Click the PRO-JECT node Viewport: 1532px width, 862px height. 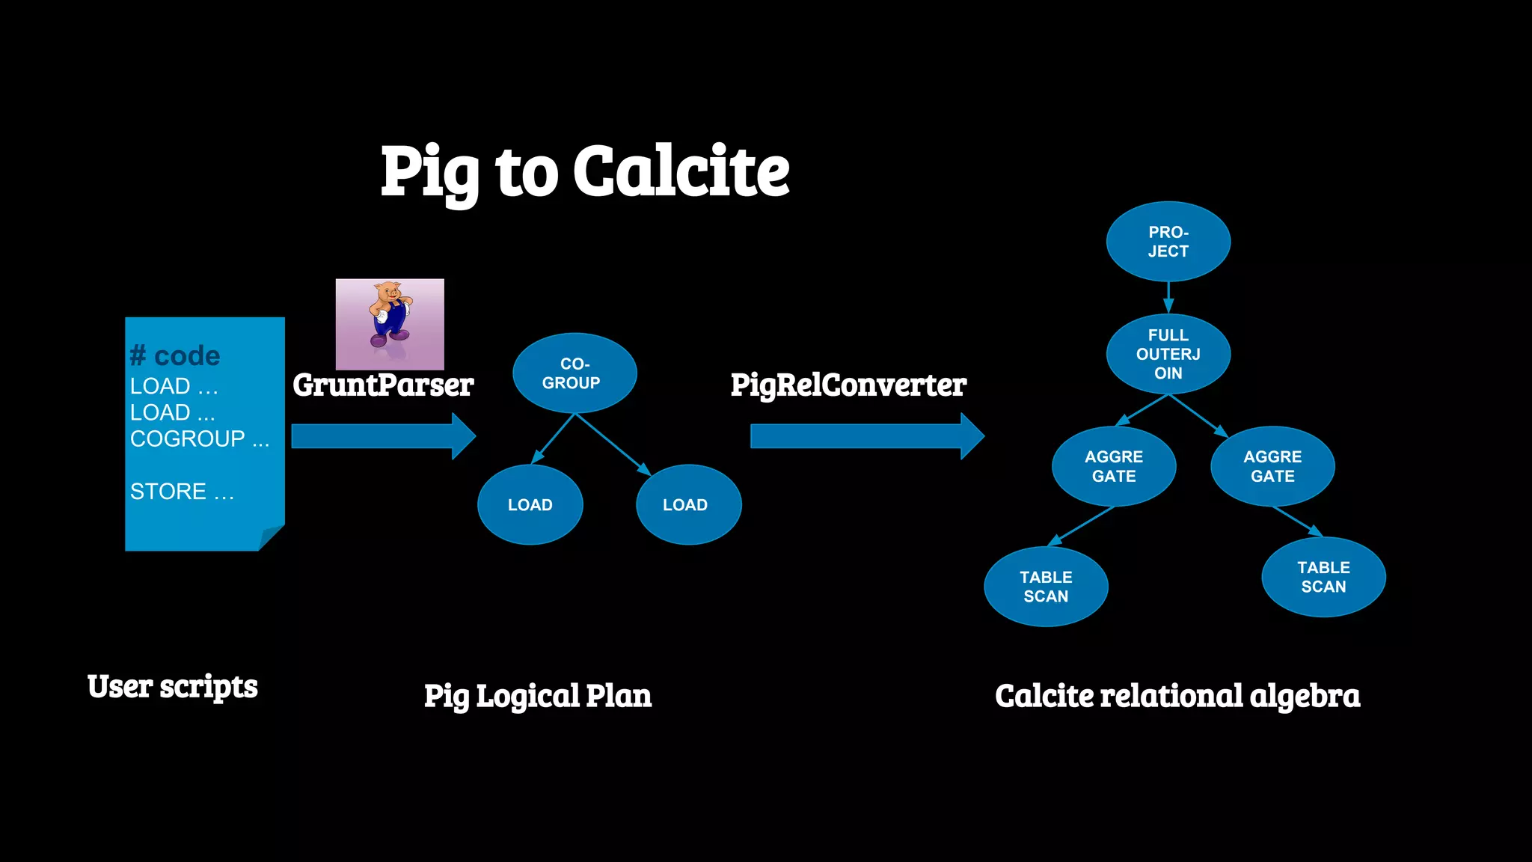click(x=1168, y=242)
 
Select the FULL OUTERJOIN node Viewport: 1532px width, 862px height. click(x=1168, y=354)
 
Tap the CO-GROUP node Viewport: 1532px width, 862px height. click(x=574, y=373)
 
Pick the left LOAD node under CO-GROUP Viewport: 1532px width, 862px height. click(x=530, y=505)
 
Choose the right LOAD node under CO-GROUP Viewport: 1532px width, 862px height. click(x=687, y=505)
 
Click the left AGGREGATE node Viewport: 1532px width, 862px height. click(x=1113, y=466)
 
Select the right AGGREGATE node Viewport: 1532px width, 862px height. click(x=1272, y=466)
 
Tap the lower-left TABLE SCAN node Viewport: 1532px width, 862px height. click(x=1045, y=587)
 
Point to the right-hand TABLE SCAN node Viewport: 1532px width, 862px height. click(x=1323, y=577)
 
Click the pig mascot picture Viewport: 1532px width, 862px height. click(x=390, y=324)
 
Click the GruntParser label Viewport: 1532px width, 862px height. click(x=383, y=385)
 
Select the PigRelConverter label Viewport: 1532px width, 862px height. click(x=848, y=385)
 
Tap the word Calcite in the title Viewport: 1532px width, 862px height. click(x=681, y=172)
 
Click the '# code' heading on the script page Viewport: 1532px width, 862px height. click(x=175, y=355)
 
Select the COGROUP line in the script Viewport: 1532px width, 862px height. click(x=199, y=438)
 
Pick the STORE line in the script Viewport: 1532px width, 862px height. click(x=182, y=492)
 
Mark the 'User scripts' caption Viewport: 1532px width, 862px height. click(x=172, y=687)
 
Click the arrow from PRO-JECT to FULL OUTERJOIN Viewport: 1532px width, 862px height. click(x=1168, y=297)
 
